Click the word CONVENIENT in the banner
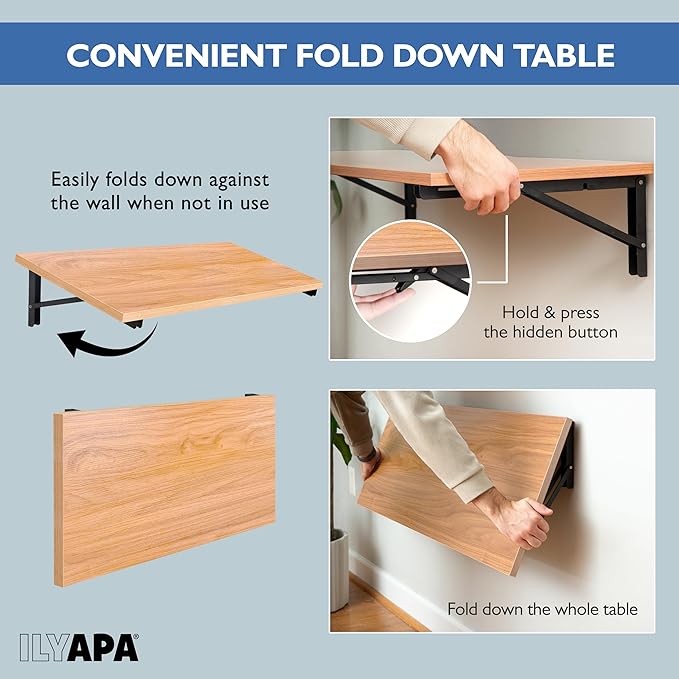coord(176,55)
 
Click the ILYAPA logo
coord(79,648)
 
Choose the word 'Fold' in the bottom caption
coord(462,609)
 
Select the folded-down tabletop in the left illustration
coord(165,491)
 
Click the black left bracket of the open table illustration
coord(34,299)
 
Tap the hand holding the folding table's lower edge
coord(515,520)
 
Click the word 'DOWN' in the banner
coord(448,55)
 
